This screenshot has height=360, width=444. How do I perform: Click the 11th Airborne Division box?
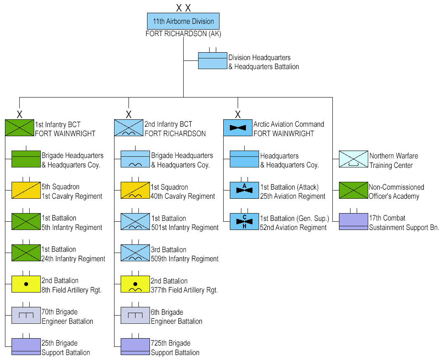[x=183, y=21]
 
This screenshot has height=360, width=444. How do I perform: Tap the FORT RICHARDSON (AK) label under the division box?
[x=183, y=34]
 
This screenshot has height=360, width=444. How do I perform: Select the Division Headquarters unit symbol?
[x=213, y=60]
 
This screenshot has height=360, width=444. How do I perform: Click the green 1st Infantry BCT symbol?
[x=19, y=128]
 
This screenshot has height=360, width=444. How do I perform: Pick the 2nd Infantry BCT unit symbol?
[x=129, y=128]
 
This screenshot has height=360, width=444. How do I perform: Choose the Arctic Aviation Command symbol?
[x=238, y=128]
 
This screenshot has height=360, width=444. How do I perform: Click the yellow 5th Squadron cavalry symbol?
[x=26, y=190]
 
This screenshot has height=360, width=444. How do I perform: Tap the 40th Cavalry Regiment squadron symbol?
[x=135, y=190]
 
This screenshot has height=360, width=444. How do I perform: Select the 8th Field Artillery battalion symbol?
[x=26, y=284]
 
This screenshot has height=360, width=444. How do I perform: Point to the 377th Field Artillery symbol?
[x=135, y=284]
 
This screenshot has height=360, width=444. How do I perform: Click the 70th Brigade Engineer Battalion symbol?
[x=26, y=316]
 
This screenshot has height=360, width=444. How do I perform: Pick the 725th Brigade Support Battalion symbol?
[x=135, y=346]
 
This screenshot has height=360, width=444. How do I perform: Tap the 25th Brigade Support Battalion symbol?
[x=26, y=346]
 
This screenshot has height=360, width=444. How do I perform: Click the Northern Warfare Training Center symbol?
[x=353, y=159]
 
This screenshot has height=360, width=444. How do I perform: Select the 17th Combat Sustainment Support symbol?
[x=353, y=221]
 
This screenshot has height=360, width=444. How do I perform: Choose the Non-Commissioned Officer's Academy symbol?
[x=353, y=190]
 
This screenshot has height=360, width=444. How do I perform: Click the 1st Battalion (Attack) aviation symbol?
[x=244, y=190]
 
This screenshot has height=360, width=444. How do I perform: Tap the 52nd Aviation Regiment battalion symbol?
[x=244, y=221]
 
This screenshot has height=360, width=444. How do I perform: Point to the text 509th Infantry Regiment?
[x=185, y=259]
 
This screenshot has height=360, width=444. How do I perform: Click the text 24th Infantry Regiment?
[x=73, y=259]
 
